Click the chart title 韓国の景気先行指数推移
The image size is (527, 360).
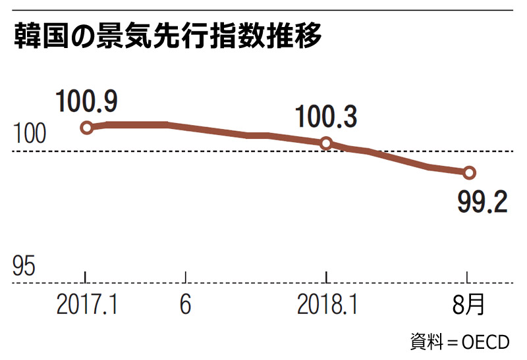tap(167, 39)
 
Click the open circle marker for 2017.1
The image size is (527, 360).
tap(86, 128)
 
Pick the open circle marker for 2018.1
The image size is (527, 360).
tap(325, 143)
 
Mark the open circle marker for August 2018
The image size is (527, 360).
tap(469, 172)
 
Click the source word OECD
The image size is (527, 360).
tap(485, 343)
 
